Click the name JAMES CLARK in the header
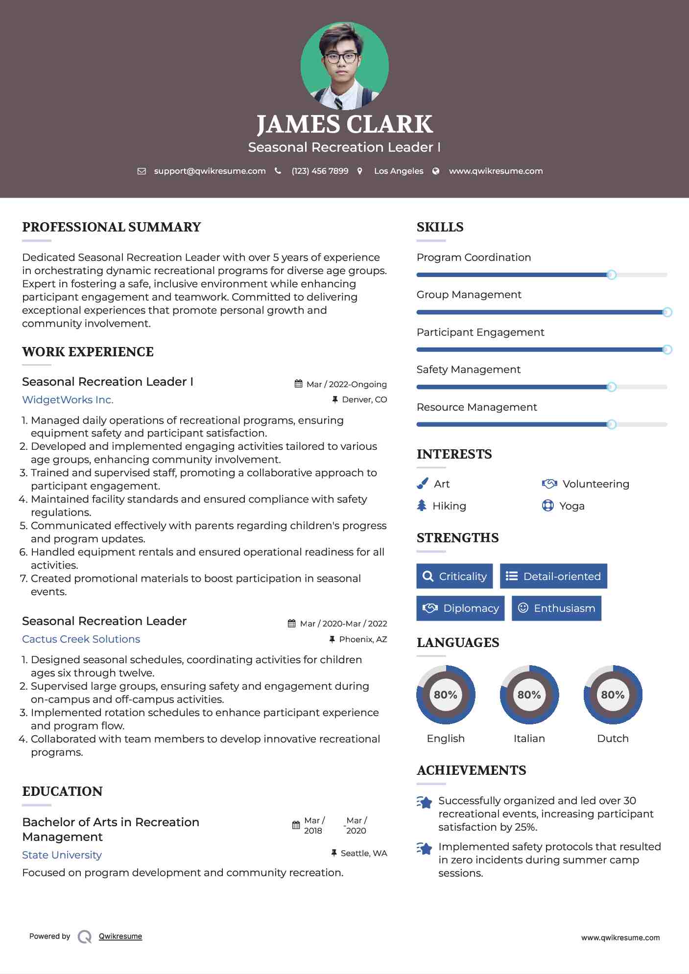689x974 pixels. pos(344,124)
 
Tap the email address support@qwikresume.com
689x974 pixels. pos(210,171)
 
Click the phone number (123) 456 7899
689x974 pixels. pos(320,171)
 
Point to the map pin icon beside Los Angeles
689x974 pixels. pos(360,171)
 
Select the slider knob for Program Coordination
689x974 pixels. pos(611,275)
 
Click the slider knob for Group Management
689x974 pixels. pos(667,312)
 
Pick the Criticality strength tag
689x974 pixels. pos(454,576)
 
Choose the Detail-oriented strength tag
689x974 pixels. pos(553,576)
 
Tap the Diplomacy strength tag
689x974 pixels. pos(460,608)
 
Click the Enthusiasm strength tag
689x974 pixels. pos(556,608)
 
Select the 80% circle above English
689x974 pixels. pos(446,695)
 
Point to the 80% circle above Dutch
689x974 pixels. pos(613,695)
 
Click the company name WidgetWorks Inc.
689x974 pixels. pos(68,399)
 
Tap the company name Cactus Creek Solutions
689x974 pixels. pos(81,639)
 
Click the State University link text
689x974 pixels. pos(62,855)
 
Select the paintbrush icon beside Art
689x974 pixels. pos(422,484)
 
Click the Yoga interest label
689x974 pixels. pos(572,506)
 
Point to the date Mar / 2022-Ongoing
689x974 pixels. pos(346,384)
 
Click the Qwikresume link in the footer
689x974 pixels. pos(120,936)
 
